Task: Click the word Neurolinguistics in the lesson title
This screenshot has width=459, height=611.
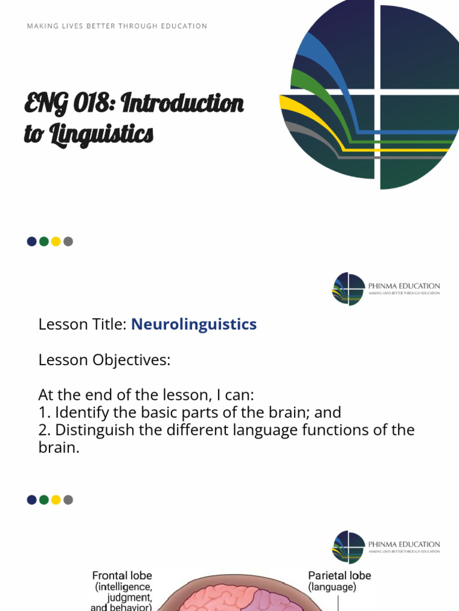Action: [194, 325]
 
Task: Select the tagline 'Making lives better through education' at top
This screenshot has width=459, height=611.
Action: [117, 26]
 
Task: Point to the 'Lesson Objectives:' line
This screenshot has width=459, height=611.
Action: [104, 360]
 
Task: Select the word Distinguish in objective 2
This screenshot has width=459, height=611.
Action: [90, 430]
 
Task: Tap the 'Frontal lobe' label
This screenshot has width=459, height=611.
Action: [122, 576]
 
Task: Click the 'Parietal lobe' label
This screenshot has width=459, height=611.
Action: [339, 576]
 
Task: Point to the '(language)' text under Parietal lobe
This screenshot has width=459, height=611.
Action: [332, 587]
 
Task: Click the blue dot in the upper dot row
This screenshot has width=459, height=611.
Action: [32, 242]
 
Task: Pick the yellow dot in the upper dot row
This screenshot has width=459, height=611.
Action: [56, 242]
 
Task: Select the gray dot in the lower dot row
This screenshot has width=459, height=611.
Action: [68, 500]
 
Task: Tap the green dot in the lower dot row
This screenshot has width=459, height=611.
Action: [44, 500]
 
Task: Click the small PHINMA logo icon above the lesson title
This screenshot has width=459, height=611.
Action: [348, 289]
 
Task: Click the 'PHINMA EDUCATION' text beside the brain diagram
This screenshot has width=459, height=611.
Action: [404, 544]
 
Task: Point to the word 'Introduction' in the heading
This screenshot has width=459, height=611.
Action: [182, 103]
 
